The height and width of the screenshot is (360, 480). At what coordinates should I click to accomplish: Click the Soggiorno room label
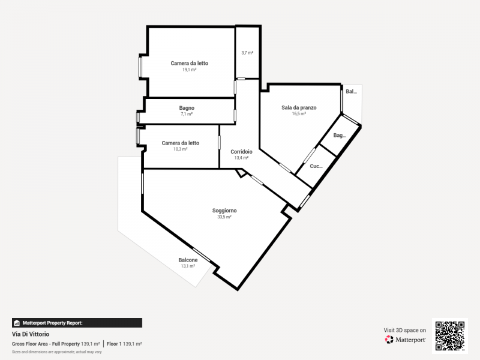point(224,211)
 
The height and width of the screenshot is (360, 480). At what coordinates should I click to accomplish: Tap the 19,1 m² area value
point(189,70)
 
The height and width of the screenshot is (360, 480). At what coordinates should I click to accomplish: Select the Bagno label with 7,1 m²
point(187,108)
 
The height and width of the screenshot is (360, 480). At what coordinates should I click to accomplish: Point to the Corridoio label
point(241,152)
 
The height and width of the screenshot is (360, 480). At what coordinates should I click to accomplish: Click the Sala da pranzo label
point(299,108)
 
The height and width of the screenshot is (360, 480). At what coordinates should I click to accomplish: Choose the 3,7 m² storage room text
point(247,53)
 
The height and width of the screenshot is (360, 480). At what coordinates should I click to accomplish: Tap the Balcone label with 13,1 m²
point(188,260)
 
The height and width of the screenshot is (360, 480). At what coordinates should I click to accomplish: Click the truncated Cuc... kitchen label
point(316,166)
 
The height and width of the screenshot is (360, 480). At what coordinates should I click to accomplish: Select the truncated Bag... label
point(340,136)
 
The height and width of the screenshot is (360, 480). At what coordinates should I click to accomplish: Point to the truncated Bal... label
point(351,91)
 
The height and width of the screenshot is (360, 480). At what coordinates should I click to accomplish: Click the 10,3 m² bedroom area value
point(181,149)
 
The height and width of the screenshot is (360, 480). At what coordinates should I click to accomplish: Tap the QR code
point(449,336)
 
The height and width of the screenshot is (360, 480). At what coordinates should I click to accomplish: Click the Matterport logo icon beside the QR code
point(389,340)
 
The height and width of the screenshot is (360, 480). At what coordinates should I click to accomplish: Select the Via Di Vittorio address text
point(31,334)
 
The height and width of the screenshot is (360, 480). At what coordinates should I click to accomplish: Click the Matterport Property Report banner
point(77,323)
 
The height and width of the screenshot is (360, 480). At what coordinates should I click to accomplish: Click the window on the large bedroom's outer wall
point(140,67)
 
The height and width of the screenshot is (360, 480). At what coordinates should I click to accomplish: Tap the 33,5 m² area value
point(224,217)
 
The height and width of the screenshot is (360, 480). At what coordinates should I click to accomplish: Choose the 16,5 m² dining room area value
point(299,114)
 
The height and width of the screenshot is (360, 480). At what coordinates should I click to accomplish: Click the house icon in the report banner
point(17,323)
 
